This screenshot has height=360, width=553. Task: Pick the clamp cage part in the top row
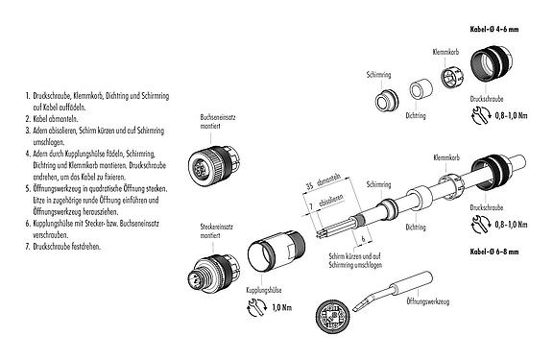pos(451,77)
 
